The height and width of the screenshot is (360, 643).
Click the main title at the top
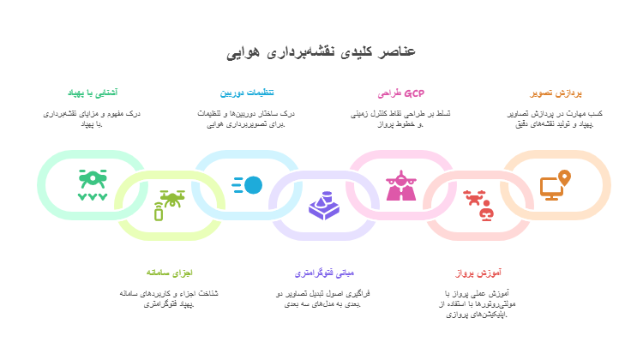321,51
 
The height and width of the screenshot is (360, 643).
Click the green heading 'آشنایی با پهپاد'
93,93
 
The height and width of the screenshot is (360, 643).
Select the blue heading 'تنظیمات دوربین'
247,93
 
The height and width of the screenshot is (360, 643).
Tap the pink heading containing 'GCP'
401,93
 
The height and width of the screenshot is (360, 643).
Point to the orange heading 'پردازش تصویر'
556,93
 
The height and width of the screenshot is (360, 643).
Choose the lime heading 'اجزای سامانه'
170,273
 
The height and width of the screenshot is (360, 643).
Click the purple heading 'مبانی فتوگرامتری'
324,273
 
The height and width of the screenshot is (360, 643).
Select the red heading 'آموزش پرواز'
478,273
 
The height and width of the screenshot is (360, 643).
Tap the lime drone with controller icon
169,204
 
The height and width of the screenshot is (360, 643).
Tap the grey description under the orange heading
556,118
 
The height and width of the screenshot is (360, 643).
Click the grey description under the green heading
93,118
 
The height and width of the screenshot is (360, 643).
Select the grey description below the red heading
478,303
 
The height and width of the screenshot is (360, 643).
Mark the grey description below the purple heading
324,298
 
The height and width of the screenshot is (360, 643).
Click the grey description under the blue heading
247,118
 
